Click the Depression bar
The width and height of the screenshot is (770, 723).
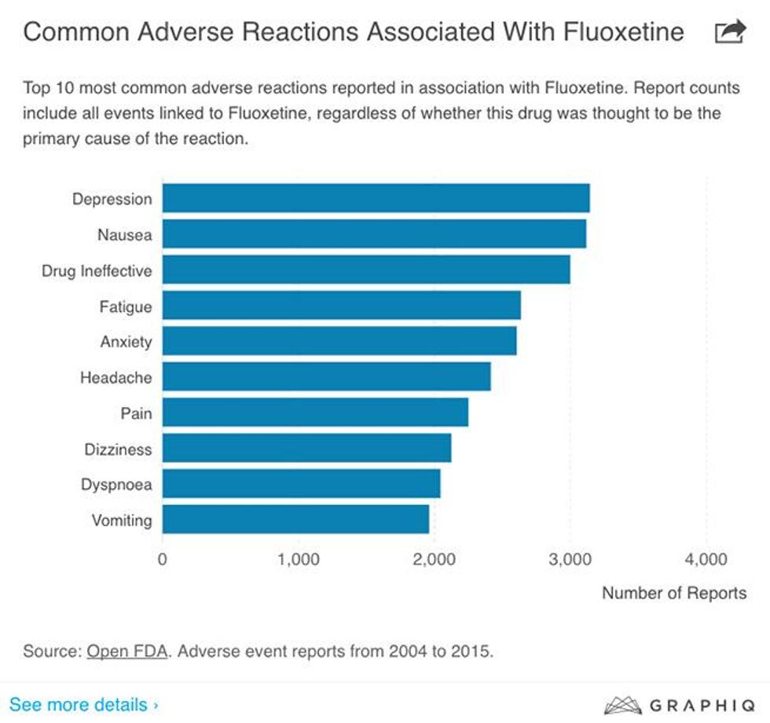[x=376, y=198]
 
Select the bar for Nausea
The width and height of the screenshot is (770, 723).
[x=374, y=234]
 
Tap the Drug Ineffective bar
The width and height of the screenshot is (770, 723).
[x=366, y=270]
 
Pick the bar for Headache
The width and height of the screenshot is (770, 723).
[x=326, y=377]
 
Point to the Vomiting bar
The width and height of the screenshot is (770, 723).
[x=295, y=519]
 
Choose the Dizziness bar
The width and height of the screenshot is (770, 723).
[x=306, y=449]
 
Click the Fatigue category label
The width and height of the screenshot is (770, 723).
[x=126, y=306]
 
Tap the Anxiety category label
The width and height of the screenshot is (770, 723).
[x=126, y=342]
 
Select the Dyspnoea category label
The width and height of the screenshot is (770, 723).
[x=116, y=485]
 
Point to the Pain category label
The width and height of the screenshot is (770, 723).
[x=136, y=413]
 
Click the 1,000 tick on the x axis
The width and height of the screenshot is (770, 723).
[x=298, y=560]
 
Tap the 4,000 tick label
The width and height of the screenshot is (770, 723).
[x=706, y=560]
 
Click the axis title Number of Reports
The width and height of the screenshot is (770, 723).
[x=674, y=593]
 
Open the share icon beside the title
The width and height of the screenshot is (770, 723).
[x=730, y=32]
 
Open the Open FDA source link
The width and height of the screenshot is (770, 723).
[x=127, y=651]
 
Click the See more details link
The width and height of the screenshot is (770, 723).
[x=83, y=704]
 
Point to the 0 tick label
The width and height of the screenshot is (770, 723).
[x=163, y=560]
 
